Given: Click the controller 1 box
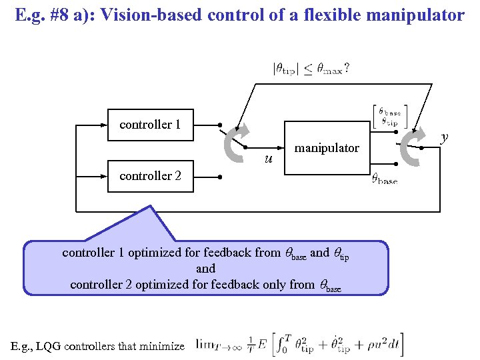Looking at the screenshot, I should click(151, 125).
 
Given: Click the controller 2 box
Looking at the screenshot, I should click(151, 176).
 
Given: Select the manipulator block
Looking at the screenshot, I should click(327, 148).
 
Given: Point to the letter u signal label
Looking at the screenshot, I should click(268, 159).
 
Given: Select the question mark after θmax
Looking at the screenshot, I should click(347, 67).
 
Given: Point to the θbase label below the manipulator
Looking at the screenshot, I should click(384, 179).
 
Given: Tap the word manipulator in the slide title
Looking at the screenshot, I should click(419, 15).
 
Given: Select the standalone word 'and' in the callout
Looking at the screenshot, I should click(205, 269).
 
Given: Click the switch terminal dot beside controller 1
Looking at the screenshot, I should click(220, 125).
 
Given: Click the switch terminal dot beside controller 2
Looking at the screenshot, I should click(220, 177).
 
